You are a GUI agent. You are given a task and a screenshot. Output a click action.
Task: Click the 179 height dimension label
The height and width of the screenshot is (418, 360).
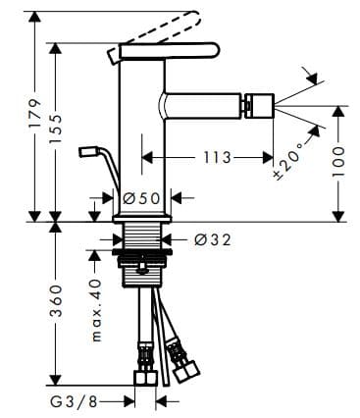click(x=34, y=116)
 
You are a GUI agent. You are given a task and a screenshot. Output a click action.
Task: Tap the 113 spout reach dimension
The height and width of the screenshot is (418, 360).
click(x=218, y=157)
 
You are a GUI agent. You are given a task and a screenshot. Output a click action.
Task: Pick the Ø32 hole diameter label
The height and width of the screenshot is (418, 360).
click(x=210, y=237)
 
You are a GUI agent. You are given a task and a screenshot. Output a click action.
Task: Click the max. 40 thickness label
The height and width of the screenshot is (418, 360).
click(x=96, y=308)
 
